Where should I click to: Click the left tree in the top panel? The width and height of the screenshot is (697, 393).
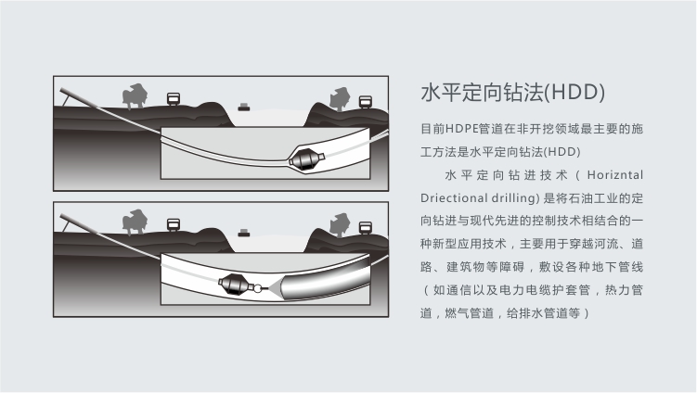135,95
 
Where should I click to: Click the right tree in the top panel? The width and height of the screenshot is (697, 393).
340,99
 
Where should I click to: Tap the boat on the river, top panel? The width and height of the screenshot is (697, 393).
244,107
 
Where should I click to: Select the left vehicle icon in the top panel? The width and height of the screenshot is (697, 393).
174,99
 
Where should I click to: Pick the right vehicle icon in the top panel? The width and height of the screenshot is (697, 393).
366,102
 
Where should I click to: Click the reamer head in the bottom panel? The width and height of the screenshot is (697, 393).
236,285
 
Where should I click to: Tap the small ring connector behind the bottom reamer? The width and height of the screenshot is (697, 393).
258,288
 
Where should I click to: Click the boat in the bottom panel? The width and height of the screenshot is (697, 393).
244,234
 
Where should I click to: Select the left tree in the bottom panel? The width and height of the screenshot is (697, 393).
135,222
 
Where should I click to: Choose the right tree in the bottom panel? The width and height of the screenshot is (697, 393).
340,225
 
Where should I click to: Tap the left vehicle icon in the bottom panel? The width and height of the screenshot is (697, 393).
174,225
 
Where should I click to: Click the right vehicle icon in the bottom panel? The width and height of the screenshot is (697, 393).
366,228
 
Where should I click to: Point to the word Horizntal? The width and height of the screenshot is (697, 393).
615,175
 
